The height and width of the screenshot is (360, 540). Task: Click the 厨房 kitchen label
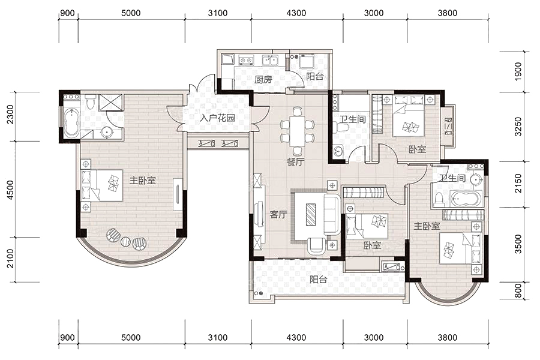point(263,80)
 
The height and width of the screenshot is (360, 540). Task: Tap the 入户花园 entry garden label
point(217,118)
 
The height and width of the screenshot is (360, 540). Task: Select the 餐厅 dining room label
point(295,162)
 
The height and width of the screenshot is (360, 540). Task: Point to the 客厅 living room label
point(278,215)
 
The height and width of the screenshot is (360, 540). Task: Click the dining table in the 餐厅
point(297,131)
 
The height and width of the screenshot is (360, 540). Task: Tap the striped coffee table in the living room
point(311,215)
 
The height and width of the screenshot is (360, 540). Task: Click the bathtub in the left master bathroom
point(71,122)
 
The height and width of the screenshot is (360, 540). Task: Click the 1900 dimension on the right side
point(518,71)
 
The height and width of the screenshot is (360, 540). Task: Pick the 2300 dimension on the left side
point(10,115)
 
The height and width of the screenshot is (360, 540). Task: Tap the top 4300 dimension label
point(296,13)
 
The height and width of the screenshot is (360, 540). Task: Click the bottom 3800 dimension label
point(448,337)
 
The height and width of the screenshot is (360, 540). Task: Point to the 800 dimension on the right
point(518,290)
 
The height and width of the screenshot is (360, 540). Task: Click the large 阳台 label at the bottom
point(318,280)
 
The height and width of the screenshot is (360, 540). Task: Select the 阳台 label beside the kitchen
point(315,76)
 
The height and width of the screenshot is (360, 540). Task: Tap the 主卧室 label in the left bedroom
point(143,180)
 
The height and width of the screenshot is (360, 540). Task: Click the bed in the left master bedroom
point(102,185)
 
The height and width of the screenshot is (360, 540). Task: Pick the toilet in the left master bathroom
point(91,102)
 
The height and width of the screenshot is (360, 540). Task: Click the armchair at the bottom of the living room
point(316,246)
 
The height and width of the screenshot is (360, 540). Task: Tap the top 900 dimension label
point(67,13)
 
